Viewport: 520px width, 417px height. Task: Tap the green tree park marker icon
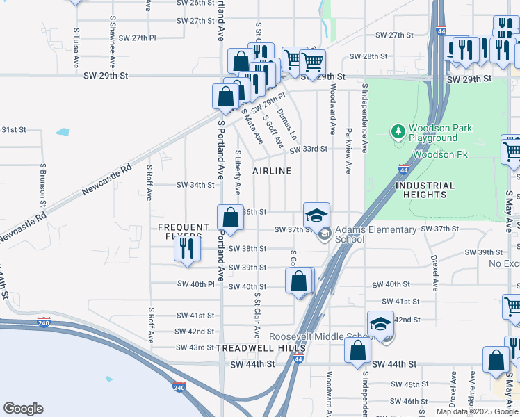pyautogui.click(x=398, y=131)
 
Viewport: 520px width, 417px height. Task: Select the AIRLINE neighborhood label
pyautogui.click(x=271, y=171)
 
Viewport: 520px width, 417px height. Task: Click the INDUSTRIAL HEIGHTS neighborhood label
pyautogui.click(x=425, y=190)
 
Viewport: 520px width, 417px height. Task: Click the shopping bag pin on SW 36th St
pyautogui.click(x=231, y=218)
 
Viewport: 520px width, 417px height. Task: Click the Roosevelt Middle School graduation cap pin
pyautogui.click(x=381, y=325)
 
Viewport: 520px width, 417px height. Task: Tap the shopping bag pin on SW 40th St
pyautogui.click(x=299, y=281)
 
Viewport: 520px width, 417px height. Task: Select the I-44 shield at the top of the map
pyautogui.click(x=441, y=31)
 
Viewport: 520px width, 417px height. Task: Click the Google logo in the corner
pyautogui.click(x=24, y=409)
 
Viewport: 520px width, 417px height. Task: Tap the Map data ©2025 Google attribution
pyautogui.click(x=477, y=411)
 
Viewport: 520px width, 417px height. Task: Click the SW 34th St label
pyautogui.click(x=196, y=185)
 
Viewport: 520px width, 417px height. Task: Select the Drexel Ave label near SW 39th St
pyautogui.click(x=434, y=272)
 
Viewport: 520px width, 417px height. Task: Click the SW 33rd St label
pyautogui.click(x=308, y=149)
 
